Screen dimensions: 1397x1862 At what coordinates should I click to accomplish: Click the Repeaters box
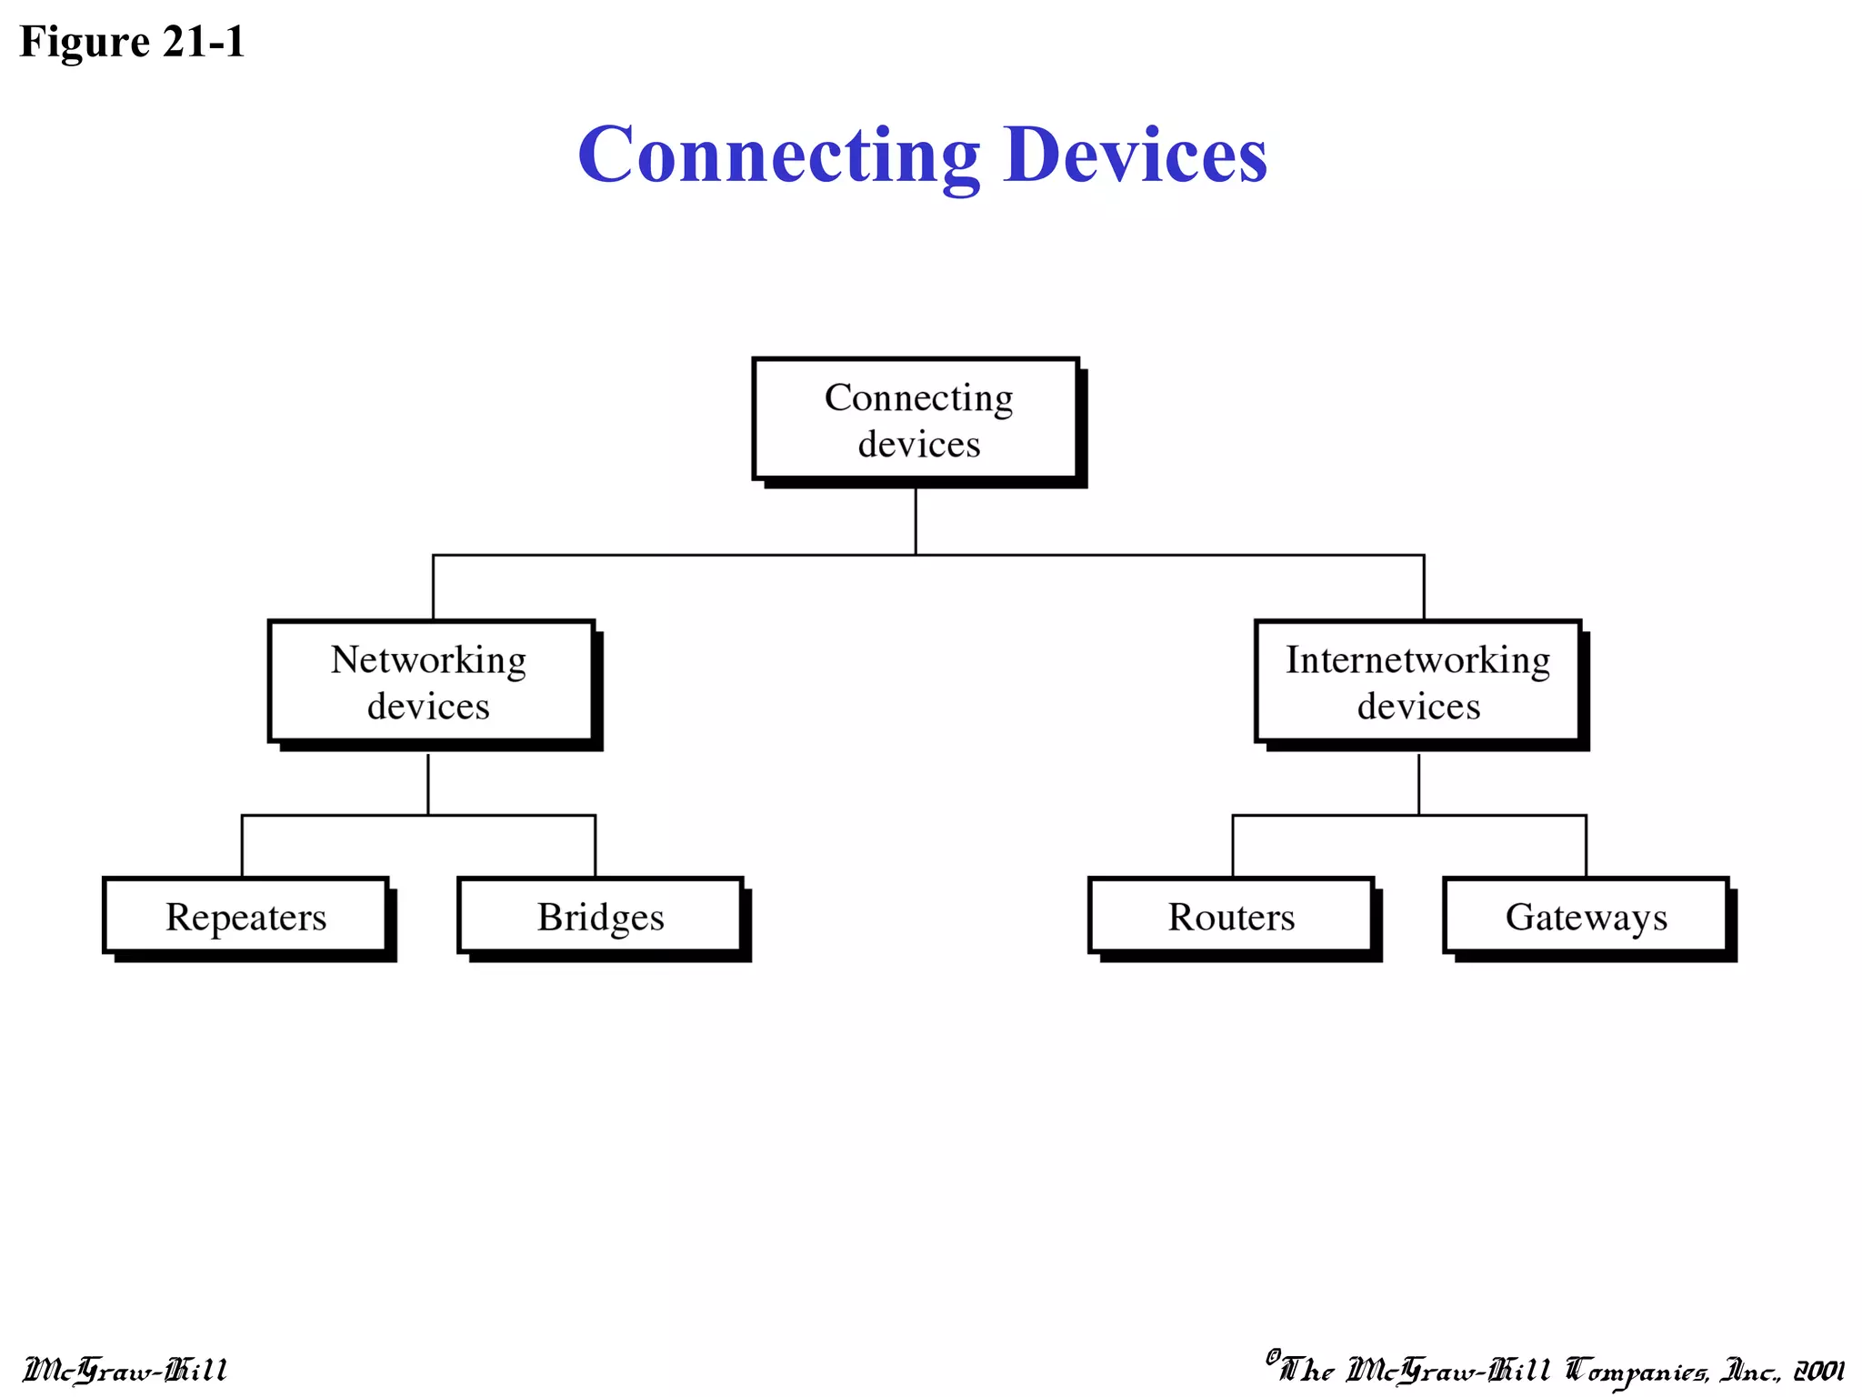[245, 916]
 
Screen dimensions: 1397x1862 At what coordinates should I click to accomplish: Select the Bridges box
[600, 916]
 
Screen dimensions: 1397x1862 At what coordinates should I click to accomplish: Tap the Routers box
[1231, 916]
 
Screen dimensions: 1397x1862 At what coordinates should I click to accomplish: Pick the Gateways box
[1586, 916]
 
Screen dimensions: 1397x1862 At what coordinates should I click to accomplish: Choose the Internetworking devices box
[1417, 682]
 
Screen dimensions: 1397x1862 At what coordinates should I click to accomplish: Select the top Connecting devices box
[916, 419]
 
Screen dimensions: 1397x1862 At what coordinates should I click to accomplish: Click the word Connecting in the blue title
[779, 155]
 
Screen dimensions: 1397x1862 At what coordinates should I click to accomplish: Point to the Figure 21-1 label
[133, 42]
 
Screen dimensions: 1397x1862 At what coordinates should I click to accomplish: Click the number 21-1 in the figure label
[205, 42]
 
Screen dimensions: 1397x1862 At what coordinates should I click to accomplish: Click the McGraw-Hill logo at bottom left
[125, 1370]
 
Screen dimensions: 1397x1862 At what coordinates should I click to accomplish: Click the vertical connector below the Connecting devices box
[916, 520]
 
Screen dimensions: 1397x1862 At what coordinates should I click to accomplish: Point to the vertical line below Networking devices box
[428, 783]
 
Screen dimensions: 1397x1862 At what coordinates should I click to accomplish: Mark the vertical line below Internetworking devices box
[1418, 783]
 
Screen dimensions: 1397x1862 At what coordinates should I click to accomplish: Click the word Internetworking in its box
[1417, 660]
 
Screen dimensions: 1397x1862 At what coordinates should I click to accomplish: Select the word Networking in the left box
[428, 660]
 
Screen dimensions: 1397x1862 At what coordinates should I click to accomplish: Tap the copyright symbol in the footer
[1273, 1356]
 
